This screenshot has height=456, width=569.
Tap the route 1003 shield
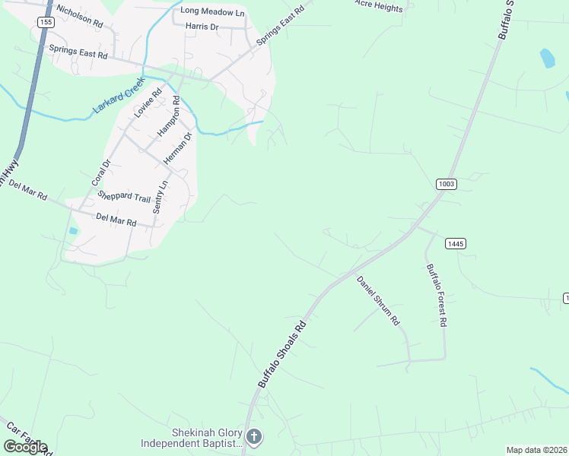447,184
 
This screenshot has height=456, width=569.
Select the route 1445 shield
455,243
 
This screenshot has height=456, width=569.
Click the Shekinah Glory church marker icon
254,436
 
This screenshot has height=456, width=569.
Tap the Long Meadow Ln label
212,12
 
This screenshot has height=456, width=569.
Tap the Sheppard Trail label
124,197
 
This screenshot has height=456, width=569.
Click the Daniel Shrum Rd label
378,300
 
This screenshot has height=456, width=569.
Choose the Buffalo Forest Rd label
437,295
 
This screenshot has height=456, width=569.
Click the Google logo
24,447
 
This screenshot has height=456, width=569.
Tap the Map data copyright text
537,450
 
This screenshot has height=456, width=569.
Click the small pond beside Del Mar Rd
73,231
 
